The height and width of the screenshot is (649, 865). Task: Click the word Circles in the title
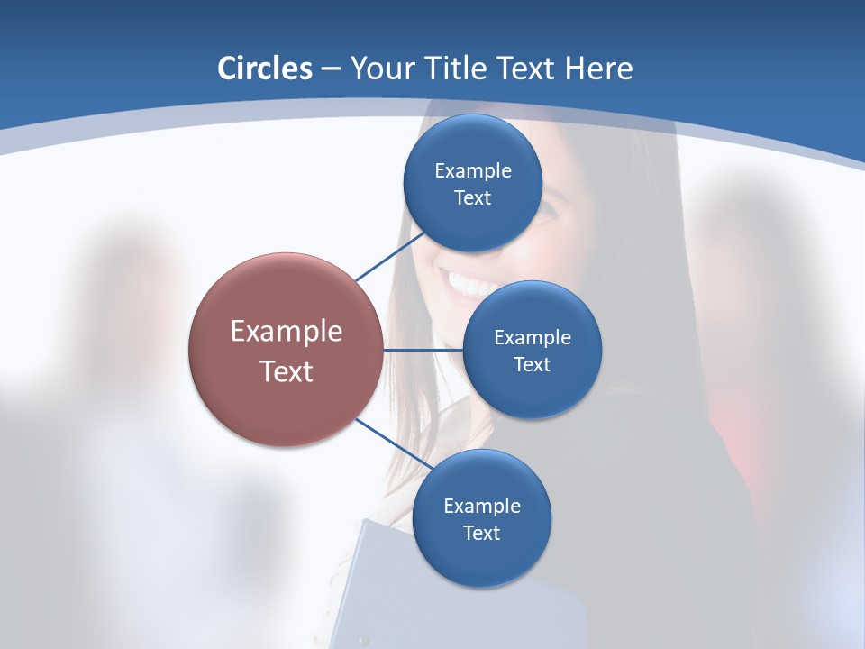click(x=264, y=69)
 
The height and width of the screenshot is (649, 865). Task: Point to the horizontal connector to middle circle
click(x=423, y=350)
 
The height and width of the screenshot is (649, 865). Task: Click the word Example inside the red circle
click(x=287, y=332)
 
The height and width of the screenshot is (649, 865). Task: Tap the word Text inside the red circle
click(x=287, y=371)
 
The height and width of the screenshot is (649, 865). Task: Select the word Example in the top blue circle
click(x=472, y=171)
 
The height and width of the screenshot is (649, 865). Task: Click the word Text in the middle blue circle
click(x=532, y=365)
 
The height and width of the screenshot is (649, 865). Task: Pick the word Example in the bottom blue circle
click(x=481, y=507)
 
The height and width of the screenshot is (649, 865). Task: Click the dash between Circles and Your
click(x=331, y=69)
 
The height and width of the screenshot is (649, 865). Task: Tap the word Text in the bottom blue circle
click(x=481, y=534)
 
